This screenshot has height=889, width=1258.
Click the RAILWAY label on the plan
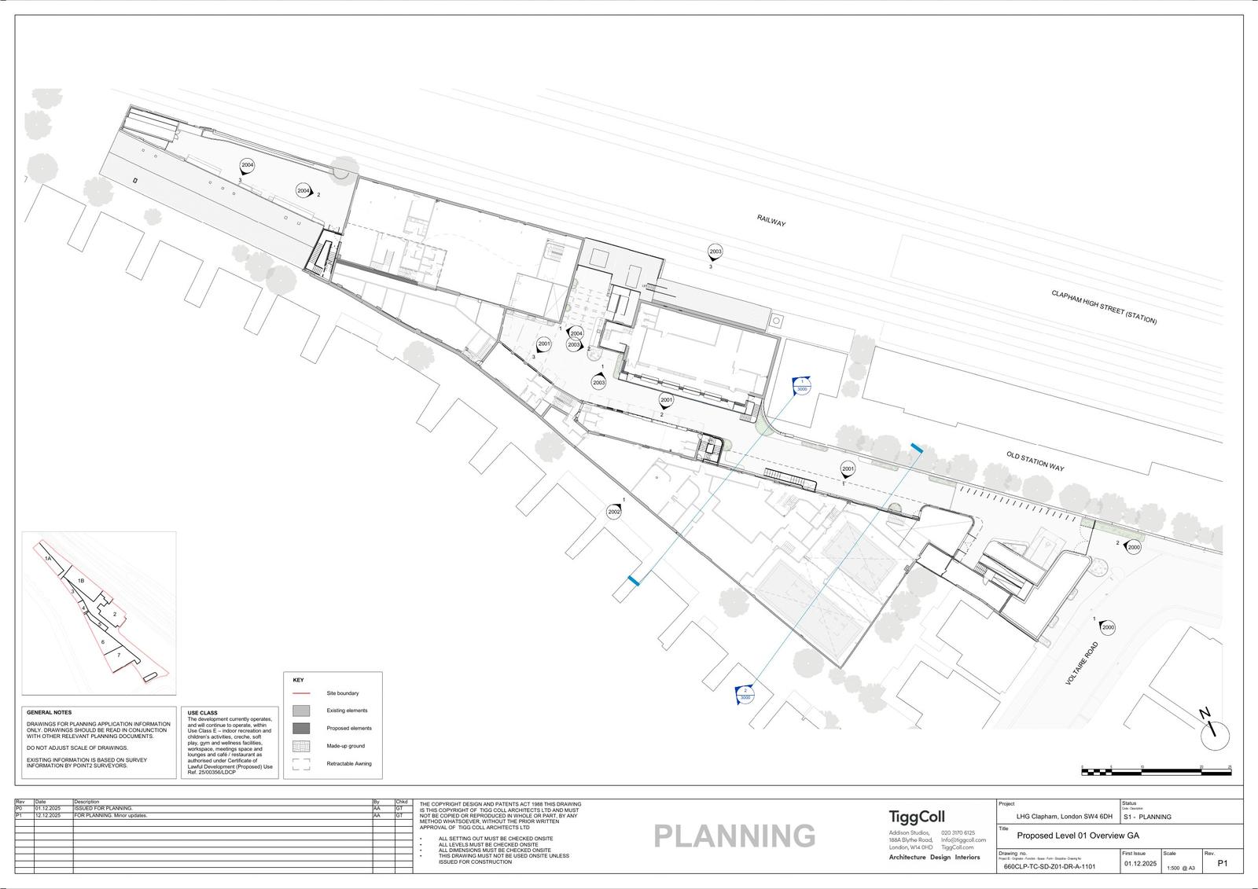(771, 222)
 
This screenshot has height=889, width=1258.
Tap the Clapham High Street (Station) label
(1104, 307)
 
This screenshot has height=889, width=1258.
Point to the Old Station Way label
(1035, 461)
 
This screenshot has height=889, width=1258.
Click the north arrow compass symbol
(1215, 734)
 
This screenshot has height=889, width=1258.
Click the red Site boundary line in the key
(301, 693)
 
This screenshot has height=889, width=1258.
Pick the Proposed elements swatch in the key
(301, 728)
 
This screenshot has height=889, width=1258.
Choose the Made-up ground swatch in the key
(301, 746)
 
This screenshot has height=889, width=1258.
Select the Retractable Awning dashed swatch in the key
(301, 763)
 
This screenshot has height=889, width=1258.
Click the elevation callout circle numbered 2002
(614, 512)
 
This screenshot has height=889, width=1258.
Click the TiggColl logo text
(916, 817)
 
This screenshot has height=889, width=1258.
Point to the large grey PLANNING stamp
(734, 836)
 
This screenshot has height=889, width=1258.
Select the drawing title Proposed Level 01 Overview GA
(1077, 836)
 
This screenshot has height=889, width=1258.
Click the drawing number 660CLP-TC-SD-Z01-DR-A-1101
(1049, 868)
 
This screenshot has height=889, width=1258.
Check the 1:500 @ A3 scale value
(1181, 868)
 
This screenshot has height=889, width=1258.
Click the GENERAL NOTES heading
(49, 712)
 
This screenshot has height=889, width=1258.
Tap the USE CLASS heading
(203, 713)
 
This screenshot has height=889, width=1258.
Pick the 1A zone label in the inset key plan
(48, 557)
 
